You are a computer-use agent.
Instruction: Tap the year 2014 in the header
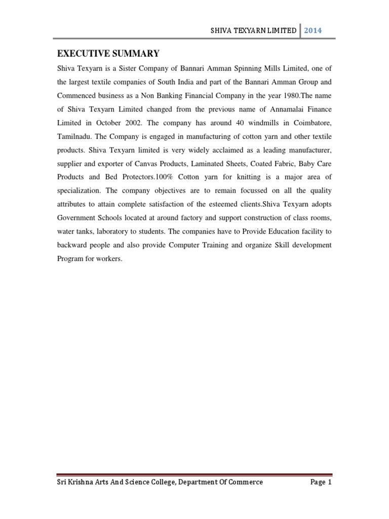[313, 30]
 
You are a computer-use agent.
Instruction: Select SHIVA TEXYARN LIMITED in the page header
[253, 30]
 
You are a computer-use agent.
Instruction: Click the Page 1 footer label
[321, 483]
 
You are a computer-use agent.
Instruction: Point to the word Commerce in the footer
[245, 483]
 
